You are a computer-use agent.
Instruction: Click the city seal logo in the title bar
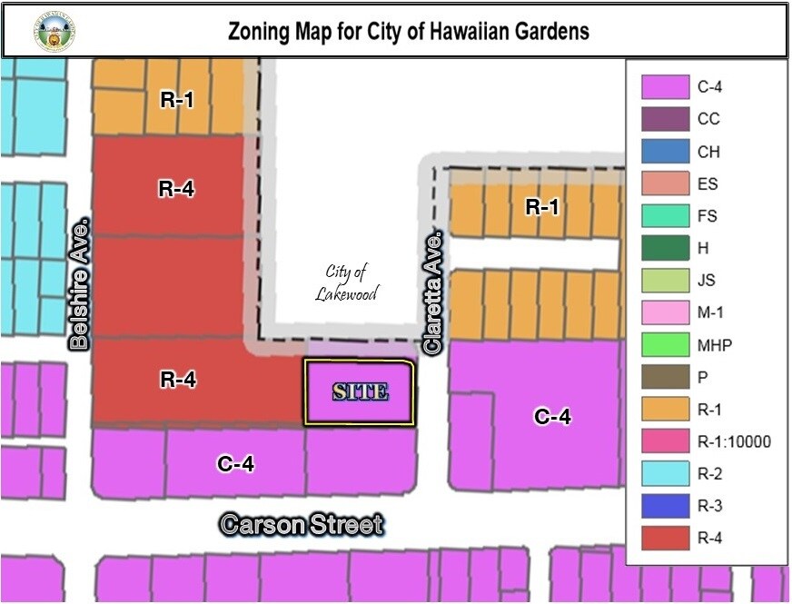point(54,31)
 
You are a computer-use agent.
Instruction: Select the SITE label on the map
point(361,392)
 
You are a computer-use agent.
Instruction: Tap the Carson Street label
point(302,524)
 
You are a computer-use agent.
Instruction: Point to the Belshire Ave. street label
point(80,282)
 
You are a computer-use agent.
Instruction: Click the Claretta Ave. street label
point(434,292)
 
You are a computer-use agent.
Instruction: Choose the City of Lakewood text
point(346,282)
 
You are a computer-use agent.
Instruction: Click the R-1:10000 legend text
point(734,442)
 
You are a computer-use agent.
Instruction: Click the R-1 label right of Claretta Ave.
point(542,207)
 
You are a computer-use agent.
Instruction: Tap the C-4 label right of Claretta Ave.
point(552,417)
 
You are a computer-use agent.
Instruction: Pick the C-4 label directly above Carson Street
point(235,464)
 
